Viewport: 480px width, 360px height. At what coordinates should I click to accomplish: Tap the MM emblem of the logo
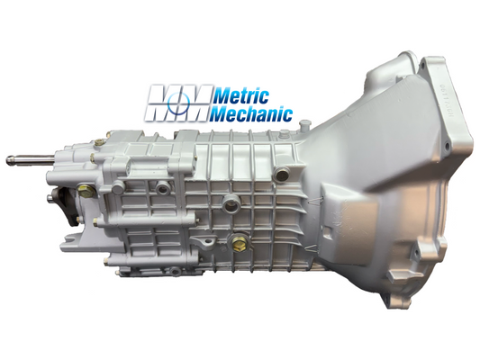point(178,103)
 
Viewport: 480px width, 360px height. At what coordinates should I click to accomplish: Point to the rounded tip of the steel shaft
point(9,160)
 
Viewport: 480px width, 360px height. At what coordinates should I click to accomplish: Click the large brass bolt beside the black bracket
point(86,191)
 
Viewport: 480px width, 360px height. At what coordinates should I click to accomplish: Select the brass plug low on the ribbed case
point(239,244)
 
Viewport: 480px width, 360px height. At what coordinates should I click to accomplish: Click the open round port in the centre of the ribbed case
point(231,204)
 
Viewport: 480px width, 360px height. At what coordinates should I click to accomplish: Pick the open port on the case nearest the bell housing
point(282,174)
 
